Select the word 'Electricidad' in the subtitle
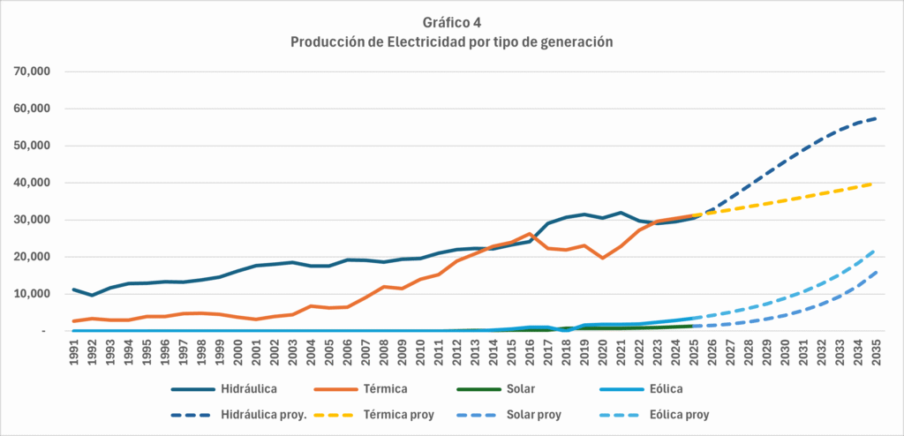[x=430, y=42]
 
